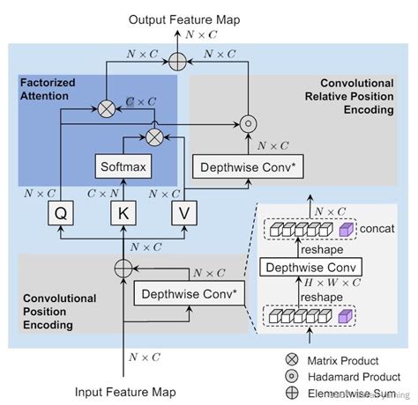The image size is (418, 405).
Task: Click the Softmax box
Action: coord(123,166)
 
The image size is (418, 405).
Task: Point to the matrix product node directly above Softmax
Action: coord(154,136)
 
